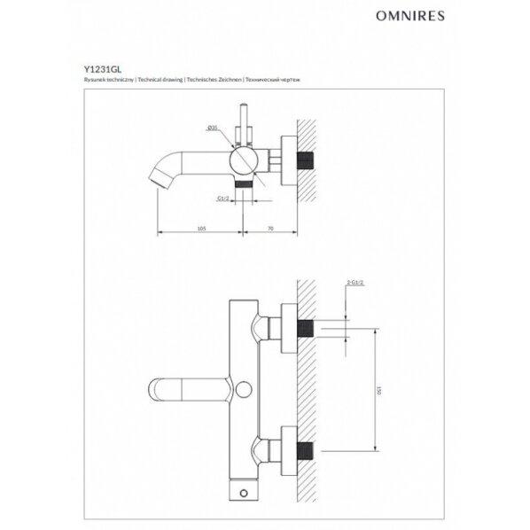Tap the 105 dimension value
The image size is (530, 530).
coord(200,228)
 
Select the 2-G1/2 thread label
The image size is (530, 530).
coord(356,283)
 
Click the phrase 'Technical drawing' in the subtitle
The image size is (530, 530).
coord(157,80)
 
